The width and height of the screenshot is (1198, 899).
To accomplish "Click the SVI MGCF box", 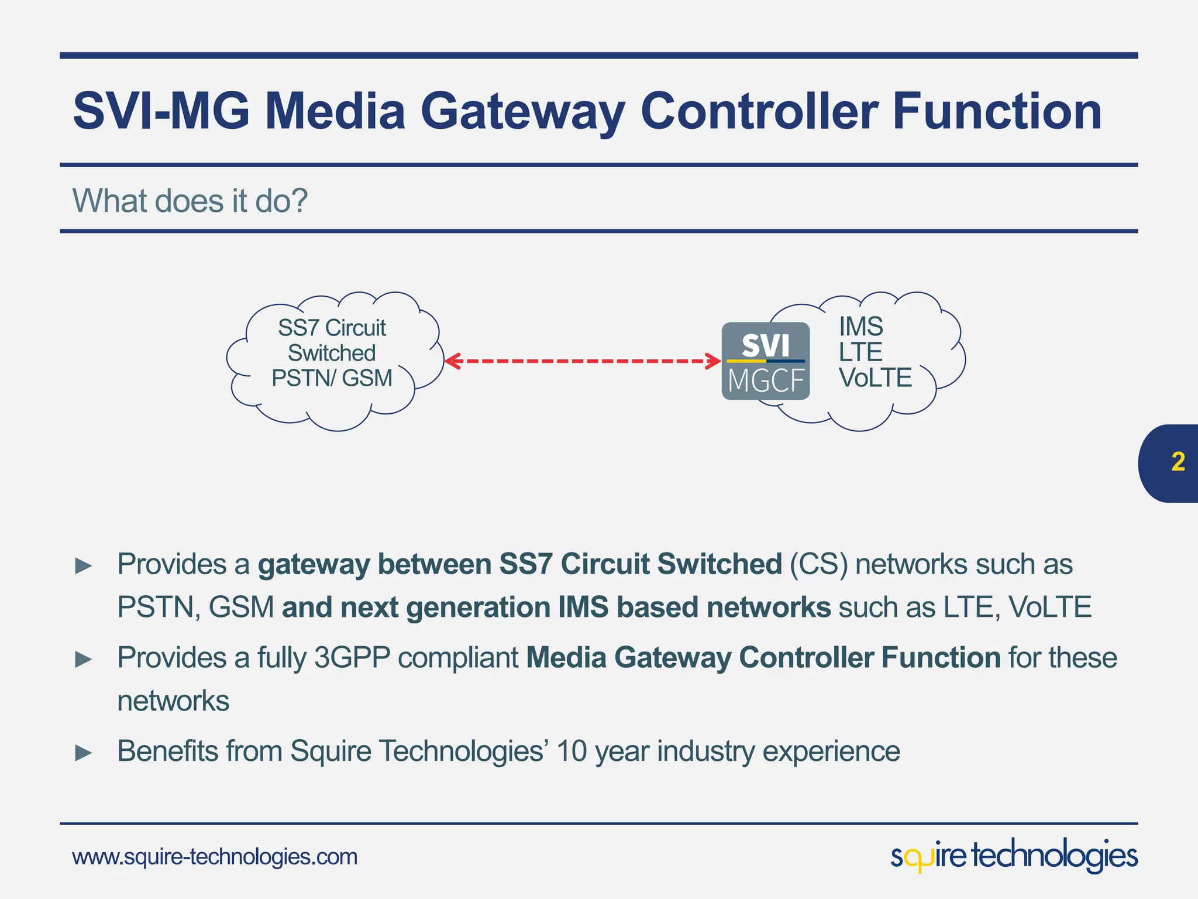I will click(x=765, y=361).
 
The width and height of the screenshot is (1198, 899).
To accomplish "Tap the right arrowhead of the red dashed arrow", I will click(x=714, y=361).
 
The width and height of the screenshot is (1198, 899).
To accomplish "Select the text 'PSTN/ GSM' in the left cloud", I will click(x=332, y=378).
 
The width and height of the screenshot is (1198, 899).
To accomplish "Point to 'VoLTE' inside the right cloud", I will click(x=875, y=378).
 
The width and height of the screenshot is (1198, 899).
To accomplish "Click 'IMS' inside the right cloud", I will click(x=860, y=327).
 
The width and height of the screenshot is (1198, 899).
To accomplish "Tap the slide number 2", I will click(x=1178, y=462).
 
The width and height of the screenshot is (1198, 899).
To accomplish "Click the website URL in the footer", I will click(x=215, y=857).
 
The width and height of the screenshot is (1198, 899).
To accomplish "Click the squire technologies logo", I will click(x=1014, y=856).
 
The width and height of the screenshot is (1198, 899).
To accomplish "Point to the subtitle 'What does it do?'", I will click(x=190, y=201).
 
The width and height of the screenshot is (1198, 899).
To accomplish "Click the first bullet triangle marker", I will click(x=84, y=566).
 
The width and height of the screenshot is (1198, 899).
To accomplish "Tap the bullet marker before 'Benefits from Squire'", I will click(x=84, y=753).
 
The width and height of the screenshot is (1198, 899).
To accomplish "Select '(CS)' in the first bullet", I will click(x=818, y=564).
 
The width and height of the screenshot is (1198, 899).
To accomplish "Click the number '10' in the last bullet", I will click(x=572, y=752).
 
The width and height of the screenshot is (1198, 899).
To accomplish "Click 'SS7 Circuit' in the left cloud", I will click(x=332, y=328).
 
